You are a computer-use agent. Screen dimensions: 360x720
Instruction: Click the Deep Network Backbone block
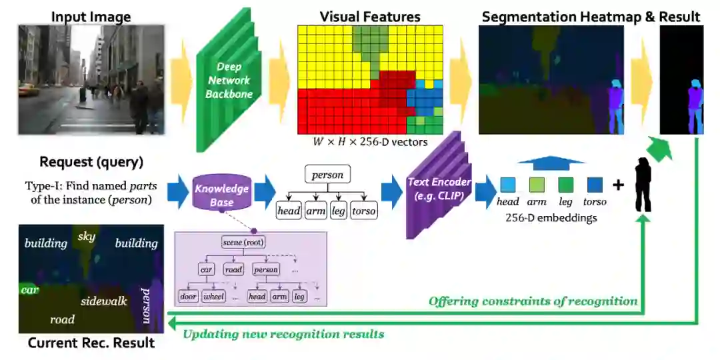(x=229, y=81)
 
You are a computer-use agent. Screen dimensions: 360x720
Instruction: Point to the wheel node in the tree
(x=214, y=295)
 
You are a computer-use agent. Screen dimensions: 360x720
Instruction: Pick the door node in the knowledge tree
(x=189, y=295)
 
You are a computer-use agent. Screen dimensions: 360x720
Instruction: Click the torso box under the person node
(x=363, y=211)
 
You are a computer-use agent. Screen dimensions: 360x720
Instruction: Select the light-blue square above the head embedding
(x=508, y=185)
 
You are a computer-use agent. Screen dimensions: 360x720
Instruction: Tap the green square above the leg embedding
(x=566, y=185)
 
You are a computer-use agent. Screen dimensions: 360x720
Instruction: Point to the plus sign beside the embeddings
(x=618, y=185)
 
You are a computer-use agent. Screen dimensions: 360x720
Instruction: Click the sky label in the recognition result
(x=87, y=237)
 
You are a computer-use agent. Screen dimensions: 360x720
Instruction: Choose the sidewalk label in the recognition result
(x=104, y=301)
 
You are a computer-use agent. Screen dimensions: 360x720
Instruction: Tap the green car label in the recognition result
(x=29, y=290)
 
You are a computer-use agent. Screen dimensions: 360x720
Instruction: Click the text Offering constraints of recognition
(x=533, y=301)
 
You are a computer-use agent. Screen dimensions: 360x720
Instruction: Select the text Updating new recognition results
(x=283, y=333)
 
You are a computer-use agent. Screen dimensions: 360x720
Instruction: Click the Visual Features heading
(x=370, y=17)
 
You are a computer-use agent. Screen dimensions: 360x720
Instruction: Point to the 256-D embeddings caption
(x=551, y=217)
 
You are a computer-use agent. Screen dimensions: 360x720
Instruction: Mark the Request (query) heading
(x=91, y=161)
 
